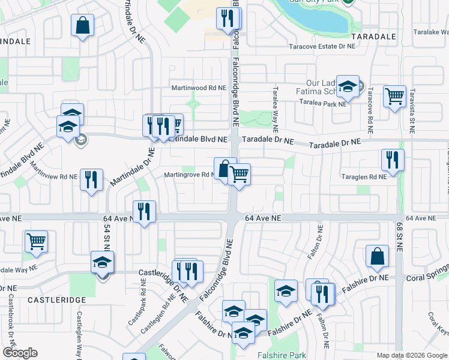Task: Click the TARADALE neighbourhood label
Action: click(x=374, y=36)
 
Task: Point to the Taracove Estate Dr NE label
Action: click(x=322, y=46)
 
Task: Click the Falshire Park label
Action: click(x=282, y=355)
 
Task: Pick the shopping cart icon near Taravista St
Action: click(x=394, y=95)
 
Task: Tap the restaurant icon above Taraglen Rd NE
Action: click(x=392, y=160)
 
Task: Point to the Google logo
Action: click(x=20, y=353)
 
